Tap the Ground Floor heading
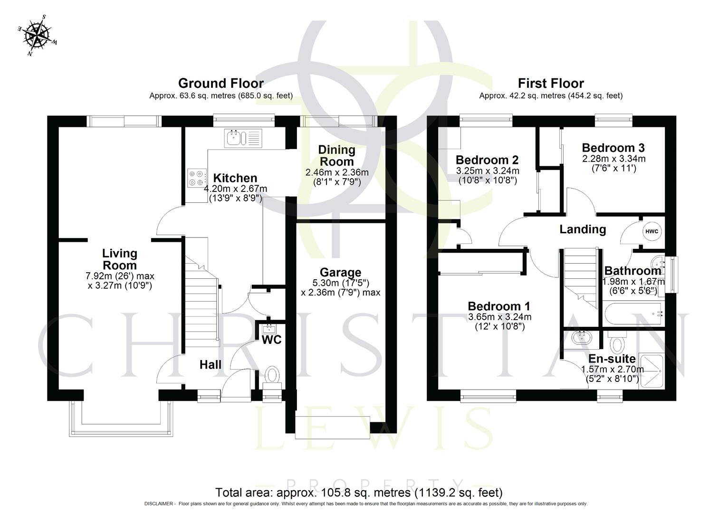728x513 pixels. [220, 84]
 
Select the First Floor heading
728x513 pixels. [550, 84]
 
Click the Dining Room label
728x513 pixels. [336, 155]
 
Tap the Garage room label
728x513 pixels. [340, 272]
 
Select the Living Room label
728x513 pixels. [120, 259]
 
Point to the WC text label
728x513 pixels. [271, 340]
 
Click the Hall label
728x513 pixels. [210, 364]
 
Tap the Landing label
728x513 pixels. [582, 229]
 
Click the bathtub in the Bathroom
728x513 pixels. [633, 313]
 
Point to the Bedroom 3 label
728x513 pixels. [613, 148]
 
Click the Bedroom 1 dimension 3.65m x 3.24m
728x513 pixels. [499, 317]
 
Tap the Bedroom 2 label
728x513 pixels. [487, 160]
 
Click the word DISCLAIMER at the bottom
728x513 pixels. [160, 503]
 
